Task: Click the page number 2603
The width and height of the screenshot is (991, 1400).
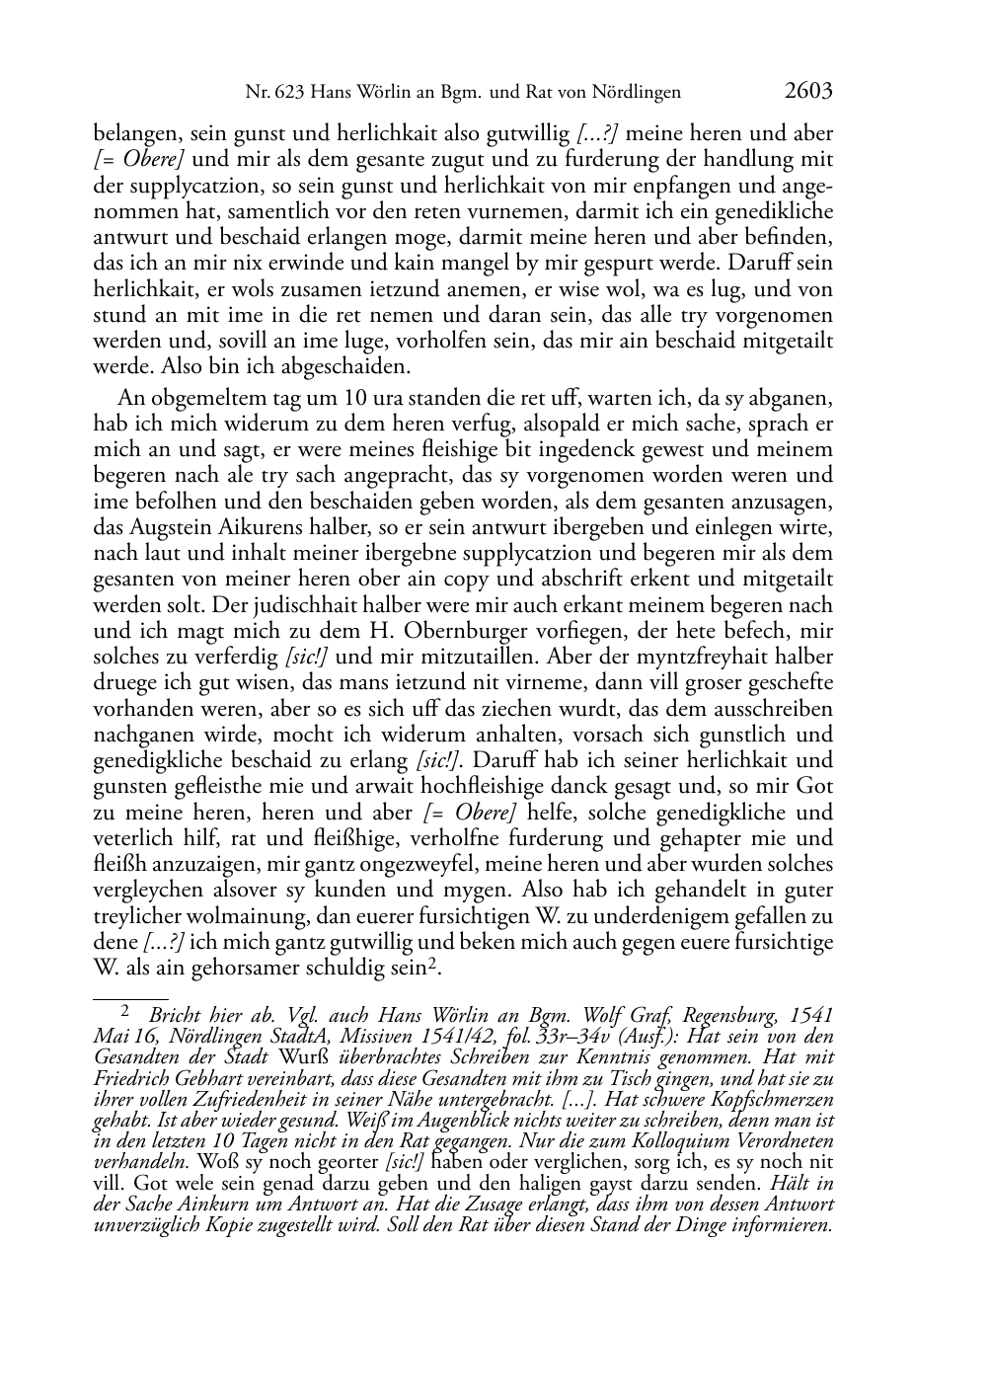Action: (808, 92)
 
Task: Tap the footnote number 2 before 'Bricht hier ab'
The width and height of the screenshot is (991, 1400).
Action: (125, 1011)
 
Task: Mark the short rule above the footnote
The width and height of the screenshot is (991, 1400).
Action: (130, 985)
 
